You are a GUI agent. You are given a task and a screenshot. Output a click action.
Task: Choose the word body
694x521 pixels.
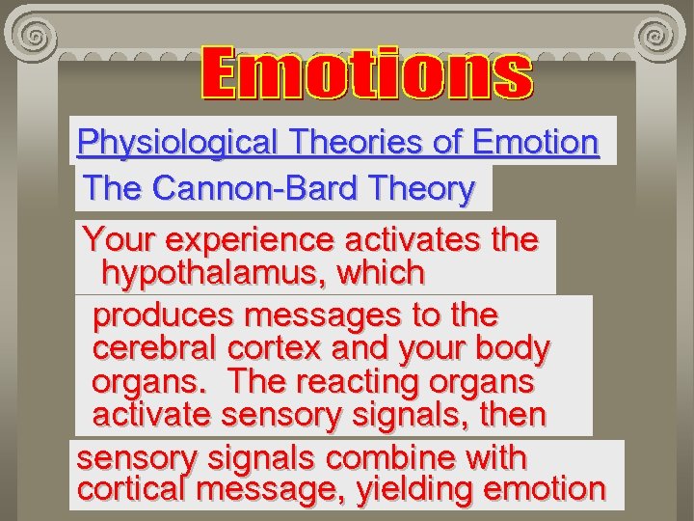(x=515, y=348)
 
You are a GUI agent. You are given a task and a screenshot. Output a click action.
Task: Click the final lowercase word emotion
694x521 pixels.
(x=545, y=489)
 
